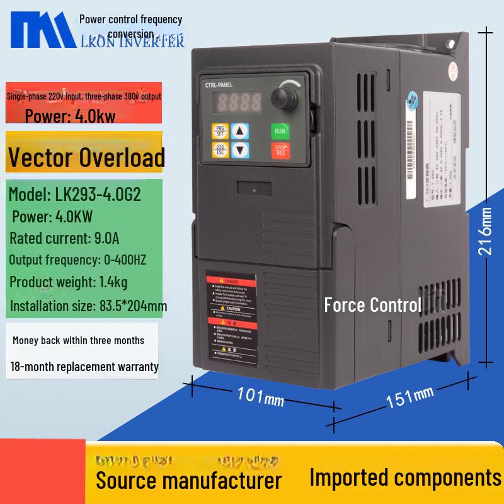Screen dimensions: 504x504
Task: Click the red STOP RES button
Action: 280,150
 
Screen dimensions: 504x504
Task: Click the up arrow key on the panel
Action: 239,131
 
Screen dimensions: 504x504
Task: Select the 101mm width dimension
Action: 260,397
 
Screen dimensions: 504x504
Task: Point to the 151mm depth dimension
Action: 409,398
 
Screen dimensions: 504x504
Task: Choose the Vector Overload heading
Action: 86,157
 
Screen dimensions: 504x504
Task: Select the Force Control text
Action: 372,306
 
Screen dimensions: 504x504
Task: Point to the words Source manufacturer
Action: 188,480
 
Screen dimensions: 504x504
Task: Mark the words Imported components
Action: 405,477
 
